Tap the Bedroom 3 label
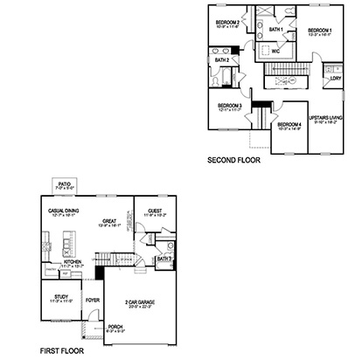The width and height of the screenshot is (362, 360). pyautogui.click(x=229, y=105)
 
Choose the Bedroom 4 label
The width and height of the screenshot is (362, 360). pyautogui.click(x=289, y=124)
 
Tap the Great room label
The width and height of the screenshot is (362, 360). pyautogui.click(x=109, y=221)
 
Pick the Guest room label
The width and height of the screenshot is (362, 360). pyautogui.click(x=154, y=211)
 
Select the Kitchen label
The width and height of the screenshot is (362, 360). pyautogui.click(x=73, y=261)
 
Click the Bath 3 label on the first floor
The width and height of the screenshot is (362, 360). pyautogui.click(x=164, y=260)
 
